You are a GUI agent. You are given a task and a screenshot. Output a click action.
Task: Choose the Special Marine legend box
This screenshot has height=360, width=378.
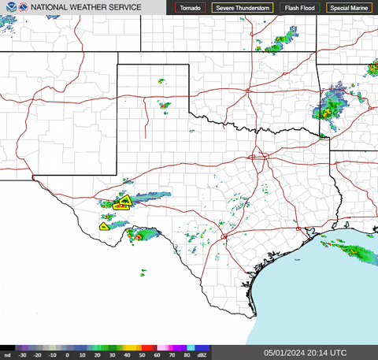click(x=350, y=8)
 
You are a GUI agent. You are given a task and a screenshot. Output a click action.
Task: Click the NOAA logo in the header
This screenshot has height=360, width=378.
click(x=9, y=7)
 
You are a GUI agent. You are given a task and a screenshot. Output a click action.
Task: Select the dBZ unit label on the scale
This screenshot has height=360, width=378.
click(x=203, y=355)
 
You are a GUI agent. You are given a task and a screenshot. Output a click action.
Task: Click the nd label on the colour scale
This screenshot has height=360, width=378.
click(x=7, y=355)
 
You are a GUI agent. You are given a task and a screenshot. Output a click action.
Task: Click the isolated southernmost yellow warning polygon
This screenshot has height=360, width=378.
click(x=103, y=226)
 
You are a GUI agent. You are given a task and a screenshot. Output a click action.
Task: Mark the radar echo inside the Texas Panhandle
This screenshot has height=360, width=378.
click(x=164, y=104)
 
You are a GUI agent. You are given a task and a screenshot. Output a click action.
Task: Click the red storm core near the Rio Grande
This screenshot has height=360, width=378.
click(x=139, y=234)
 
